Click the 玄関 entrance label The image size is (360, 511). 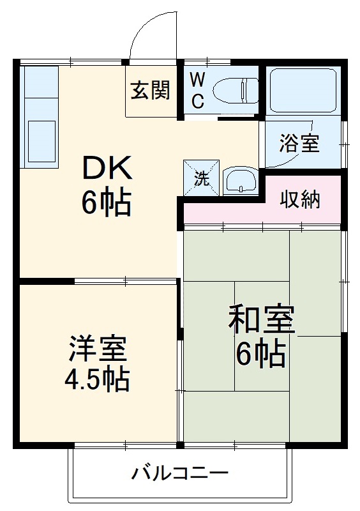tap(151, 92)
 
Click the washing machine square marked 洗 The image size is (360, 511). tap(202, 177)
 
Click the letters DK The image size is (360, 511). tap(107, 170)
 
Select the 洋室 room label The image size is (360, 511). tap(98, 349)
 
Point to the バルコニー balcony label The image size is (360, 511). tap(180, 474)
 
